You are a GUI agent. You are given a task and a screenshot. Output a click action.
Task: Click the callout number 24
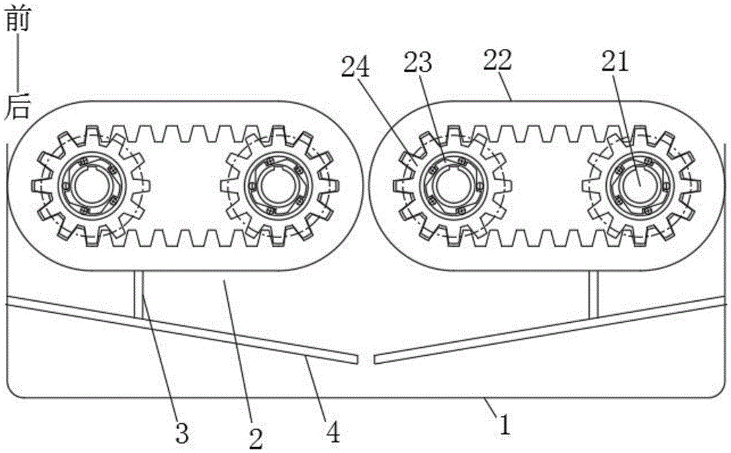coord(355,67)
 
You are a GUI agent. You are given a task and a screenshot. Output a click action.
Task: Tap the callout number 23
coord(417,62)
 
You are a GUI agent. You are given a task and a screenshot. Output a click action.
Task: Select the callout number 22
coord(497,60)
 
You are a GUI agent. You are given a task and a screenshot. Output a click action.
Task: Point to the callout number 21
coord(616,61)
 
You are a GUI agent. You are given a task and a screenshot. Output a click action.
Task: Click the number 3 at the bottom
coord(181,434)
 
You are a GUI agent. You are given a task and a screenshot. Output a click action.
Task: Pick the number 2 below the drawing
coord(256,438)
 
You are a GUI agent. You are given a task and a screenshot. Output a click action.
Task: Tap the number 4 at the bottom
coord(333,433)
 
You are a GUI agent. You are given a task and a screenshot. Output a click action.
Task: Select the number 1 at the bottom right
coord(505,425)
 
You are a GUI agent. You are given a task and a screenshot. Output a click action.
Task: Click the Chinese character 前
coord(18,19)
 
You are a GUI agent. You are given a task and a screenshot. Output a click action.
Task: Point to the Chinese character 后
coord(18,106)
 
